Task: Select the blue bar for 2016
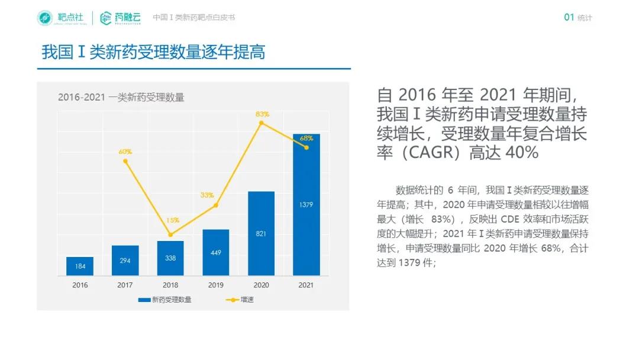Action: click(80, 266)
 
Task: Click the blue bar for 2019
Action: click(215, 252)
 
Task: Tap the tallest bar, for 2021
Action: click(306, 204)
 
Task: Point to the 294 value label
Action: click(125, 261)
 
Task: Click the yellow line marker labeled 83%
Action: click(261, 123)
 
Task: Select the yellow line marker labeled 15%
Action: click(170, 234)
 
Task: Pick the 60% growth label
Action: click(125, 152)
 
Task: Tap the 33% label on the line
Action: click(207, 195)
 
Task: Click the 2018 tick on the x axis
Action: click(170, 285)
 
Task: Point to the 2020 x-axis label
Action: click(261, 285)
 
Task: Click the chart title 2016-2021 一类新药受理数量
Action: click(121, 98)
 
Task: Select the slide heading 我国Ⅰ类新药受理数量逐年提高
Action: click(153, 52)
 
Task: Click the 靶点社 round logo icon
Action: click(45, 18)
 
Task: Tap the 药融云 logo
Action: click(121, 18)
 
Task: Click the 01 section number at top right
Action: click(569, 18)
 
